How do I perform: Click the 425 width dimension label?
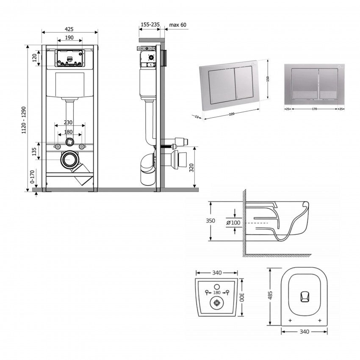point(69,29)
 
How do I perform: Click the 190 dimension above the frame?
point(69,38)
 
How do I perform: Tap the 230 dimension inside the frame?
point(68,122)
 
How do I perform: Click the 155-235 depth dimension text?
point(150,25)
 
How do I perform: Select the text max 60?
point(177,25)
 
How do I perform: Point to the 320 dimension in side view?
point(191,167)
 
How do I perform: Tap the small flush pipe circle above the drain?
point(70,142)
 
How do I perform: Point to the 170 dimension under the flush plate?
point(314,109)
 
